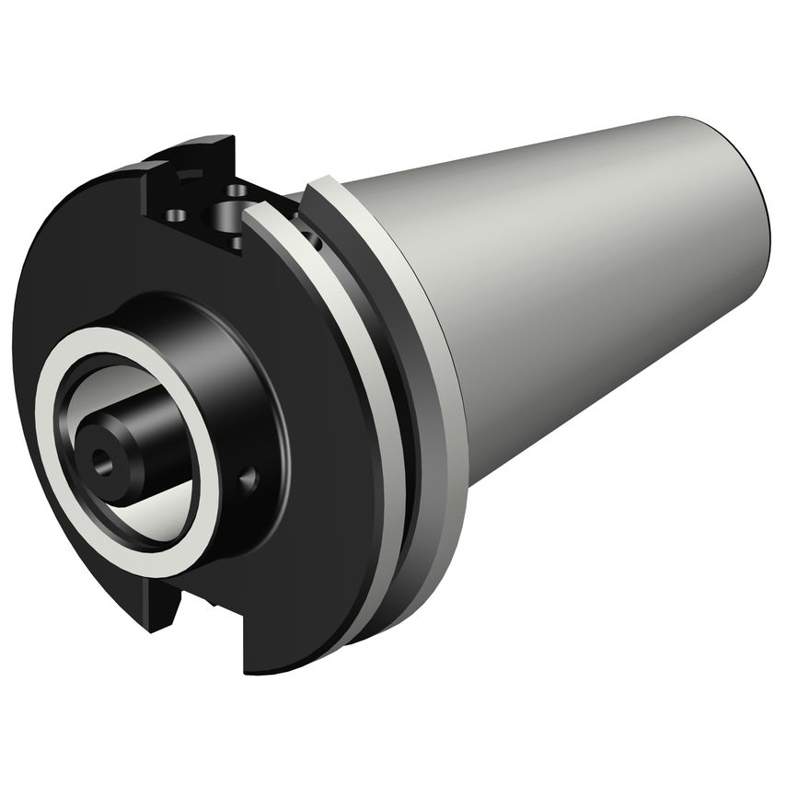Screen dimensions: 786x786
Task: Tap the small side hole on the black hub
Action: tap(246, 479)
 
